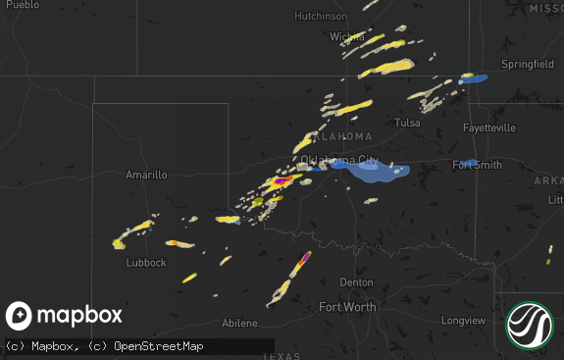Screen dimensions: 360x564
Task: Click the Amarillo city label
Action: (146, 175)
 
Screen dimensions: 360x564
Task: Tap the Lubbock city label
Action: (146, 263)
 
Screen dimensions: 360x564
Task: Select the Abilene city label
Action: (239, 323)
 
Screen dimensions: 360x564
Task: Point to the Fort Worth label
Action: (347, 307)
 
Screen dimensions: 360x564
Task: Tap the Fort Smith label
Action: (477, 165)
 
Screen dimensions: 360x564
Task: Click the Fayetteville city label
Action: (489, 129)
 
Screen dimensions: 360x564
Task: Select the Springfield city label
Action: (528, 64)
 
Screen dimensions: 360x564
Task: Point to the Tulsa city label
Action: (407, 123)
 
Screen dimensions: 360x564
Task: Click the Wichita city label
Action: (346, 37)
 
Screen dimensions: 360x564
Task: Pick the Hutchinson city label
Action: (321, 17)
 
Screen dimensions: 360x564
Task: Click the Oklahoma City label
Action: (338, 160)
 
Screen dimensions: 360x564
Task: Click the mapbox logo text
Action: (79, 315)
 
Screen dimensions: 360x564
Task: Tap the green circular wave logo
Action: (530, 325)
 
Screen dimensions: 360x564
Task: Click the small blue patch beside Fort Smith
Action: (470, 163)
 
